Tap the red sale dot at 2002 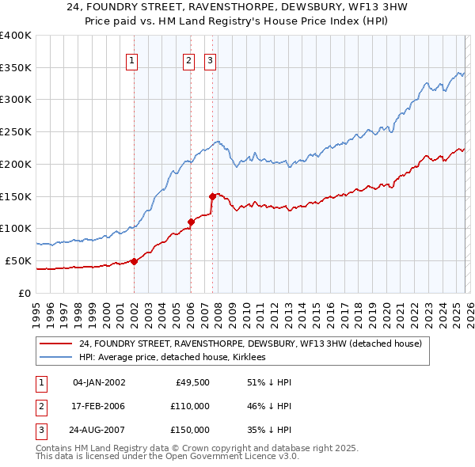(x=134, y=261)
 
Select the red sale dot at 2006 (x=191, y=222)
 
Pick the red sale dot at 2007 (x=212, y=196)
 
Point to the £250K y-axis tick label (x=15, y=131)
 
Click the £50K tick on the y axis (x=17, y=260)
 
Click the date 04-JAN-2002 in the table (x=98, y=383)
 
